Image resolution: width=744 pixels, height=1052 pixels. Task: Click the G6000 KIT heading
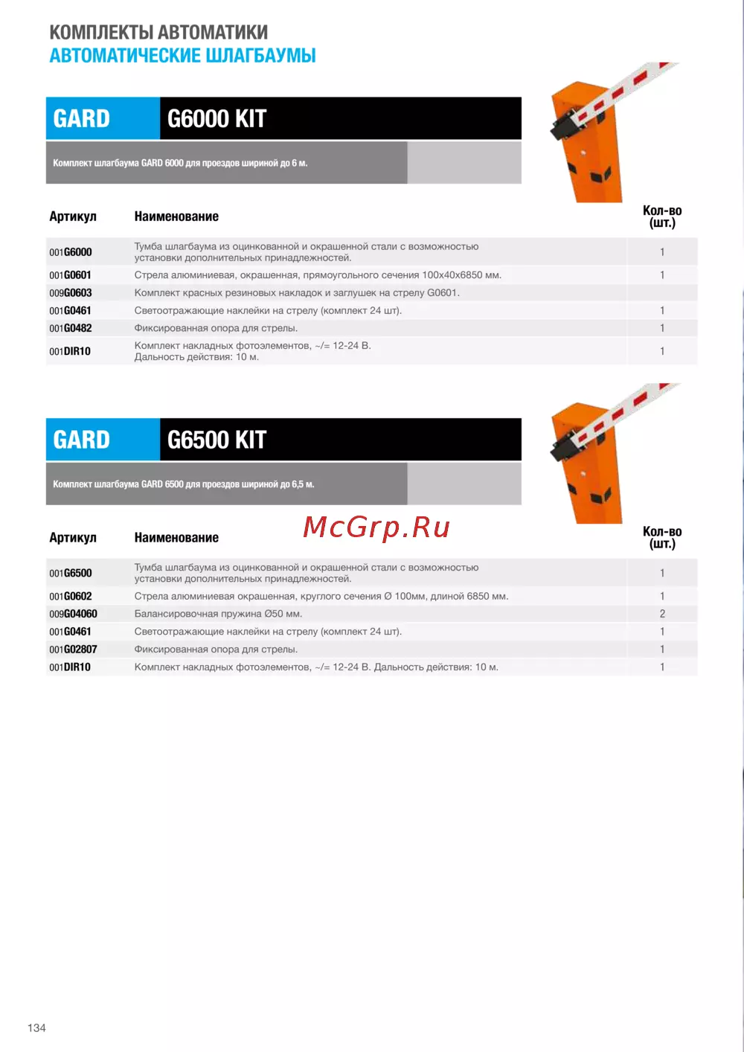[x=217, y=119]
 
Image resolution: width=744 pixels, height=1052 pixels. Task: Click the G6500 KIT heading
[x=217, y=440]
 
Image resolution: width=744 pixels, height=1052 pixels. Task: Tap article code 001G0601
[x=71, y=275]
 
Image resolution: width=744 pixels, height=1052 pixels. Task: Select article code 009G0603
[x=71, y=293]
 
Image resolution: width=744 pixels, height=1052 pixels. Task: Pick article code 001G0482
[x=71, y=328]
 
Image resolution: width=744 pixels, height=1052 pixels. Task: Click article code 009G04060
[x=73, y=614]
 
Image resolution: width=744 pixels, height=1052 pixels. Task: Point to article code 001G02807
[x=73, y=650]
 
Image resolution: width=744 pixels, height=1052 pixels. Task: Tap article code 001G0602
[x=71, y=596]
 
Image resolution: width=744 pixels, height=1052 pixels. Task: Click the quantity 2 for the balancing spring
[x=662, y=614]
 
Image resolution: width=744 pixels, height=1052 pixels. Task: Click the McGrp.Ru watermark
[x=376, y=527]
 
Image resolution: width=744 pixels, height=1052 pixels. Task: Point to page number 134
[x=36, y=1027]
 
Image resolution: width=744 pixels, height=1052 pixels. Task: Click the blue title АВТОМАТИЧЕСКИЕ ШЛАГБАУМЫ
[x=182, y=56]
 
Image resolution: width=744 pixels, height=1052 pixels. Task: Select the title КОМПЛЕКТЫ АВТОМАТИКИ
[x=158, y=32]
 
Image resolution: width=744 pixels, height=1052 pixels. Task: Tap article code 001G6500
[x=71, y=573]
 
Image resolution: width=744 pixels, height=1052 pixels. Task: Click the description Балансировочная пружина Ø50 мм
[x=218, y=614]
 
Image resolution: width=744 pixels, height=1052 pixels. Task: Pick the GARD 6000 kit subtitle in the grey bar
[x=180, y=163]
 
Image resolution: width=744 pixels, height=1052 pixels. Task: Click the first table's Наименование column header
[x=176, y=217]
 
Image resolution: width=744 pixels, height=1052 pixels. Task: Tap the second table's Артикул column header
[x=73, y=537]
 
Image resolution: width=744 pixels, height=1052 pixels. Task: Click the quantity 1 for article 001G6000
[x=662, y=252]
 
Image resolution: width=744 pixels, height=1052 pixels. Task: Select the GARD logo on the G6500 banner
[x=82, y=440]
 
